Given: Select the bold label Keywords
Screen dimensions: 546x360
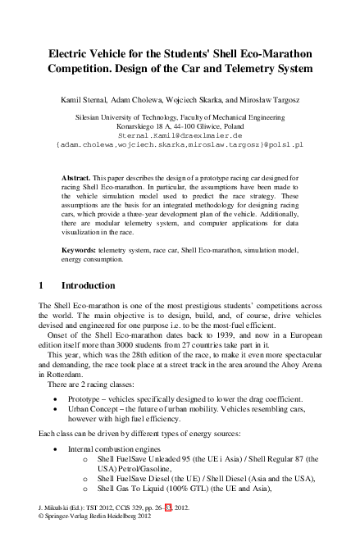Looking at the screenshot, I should pos(81,248).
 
